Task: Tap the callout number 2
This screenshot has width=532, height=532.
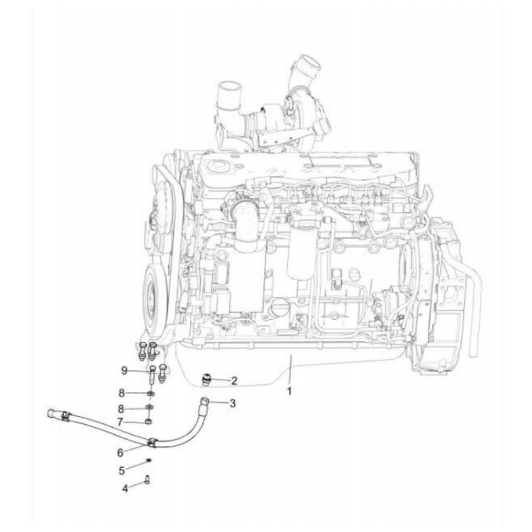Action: (234, 380)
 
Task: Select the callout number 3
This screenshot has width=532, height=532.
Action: (233, 403)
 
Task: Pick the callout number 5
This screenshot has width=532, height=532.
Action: (121, 469)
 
